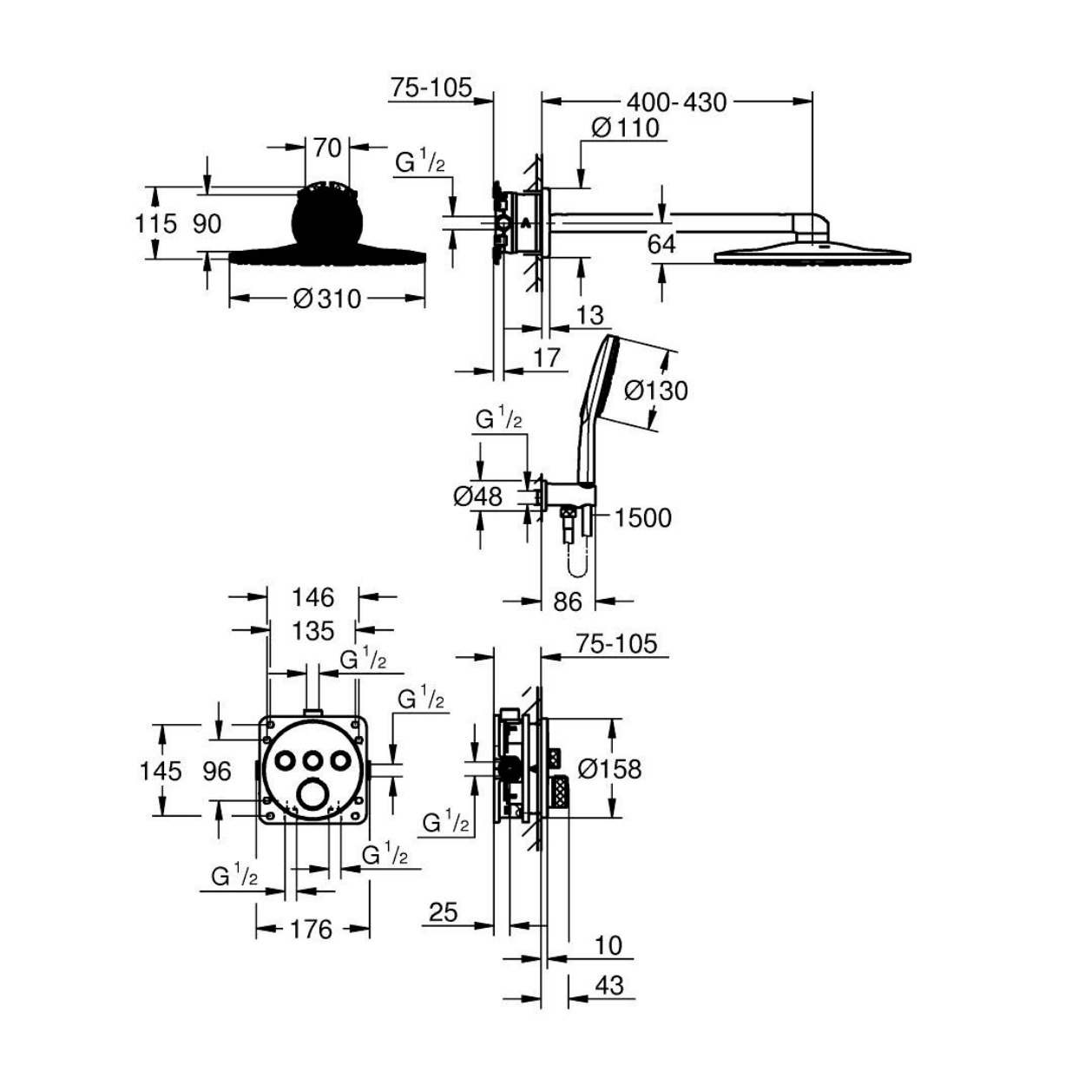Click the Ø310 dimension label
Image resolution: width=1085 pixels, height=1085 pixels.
click(x=327, y=299)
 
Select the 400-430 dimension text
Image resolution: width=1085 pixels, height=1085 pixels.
click(x=677, y=102)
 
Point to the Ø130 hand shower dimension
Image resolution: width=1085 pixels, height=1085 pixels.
click(x=656, y=391)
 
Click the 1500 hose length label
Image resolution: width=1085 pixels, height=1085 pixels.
click(x=642, y=518)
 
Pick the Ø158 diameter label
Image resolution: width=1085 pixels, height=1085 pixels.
click(x=610, y=768)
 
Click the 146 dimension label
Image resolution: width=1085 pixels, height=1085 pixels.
click(x=313, y=597)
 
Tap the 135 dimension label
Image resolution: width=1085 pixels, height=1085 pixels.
click(x=313, y=631)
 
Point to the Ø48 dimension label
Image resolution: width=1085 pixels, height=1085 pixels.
click(x=477, y=496)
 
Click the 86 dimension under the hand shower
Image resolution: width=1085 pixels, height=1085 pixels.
click(x=567, y=602)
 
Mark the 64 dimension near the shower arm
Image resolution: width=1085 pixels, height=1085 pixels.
click(x=661, y=245)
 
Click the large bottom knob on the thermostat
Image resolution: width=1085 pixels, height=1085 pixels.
click(x=312, y=794)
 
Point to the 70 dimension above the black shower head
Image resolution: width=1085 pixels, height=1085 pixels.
click(x=327, y=148)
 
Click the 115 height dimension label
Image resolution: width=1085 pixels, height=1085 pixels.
click(x=156, y=224)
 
